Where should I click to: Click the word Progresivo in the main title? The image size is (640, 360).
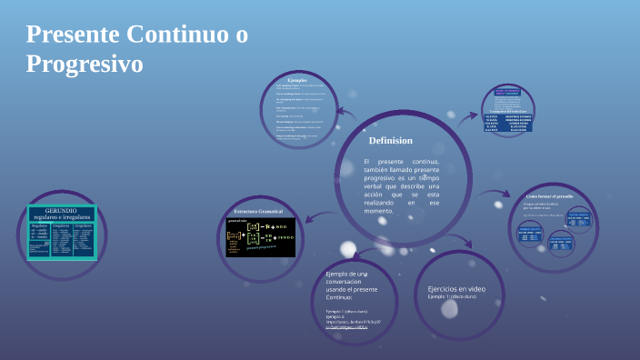coord(85,65)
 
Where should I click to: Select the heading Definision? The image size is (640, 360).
coord(391,141)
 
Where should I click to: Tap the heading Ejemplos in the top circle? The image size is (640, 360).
coord(296,80)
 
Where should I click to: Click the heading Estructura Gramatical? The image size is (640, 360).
coord(259,211)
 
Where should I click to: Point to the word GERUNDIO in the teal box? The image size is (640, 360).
coord(61,210)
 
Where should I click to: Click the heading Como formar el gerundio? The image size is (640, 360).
coord(549,195)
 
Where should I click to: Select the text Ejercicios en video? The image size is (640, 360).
coord(456,289)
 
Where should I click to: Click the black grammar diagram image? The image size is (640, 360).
coord(257,238)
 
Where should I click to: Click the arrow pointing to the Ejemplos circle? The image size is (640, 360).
coord(347,115)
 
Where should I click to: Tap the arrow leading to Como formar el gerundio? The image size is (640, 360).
coord(496,194)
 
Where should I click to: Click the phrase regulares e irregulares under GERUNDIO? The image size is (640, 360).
coord(61,218)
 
